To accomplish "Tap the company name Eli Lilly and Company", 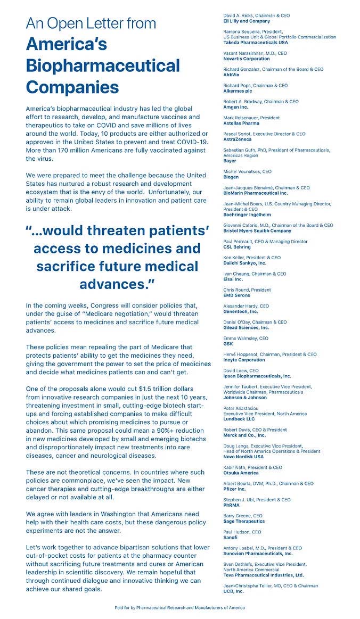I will pyautogui.click(x=247, y=21).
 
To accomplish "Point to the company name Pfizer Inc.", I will pyautogui.click(x=235, y=489).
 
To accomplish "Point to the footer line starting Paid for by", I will pyautogui.click(x=180, y=607).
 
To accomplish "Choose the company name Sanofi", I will pyautogui.click(x=232, y=537).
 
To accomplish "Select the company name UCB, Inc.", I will pyautogui.click(x=234, y=591).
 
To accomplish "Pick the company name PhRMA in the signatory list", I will pyautogui.click(x=232, y=505).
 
